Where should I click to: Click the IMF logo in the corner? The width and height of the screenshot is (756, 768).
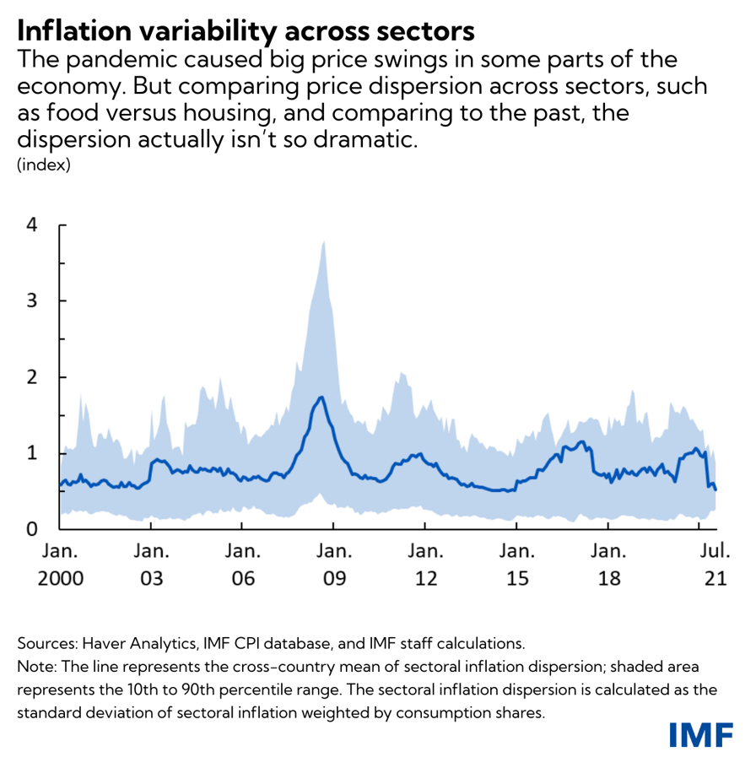700,735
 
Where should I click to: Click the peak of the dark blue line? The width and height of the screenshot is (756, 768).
321,397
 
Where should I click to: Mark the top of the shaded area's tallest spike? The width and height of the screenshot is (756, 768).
323,241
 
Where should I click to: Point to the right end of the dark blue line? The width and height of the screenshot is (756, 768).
715,489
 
